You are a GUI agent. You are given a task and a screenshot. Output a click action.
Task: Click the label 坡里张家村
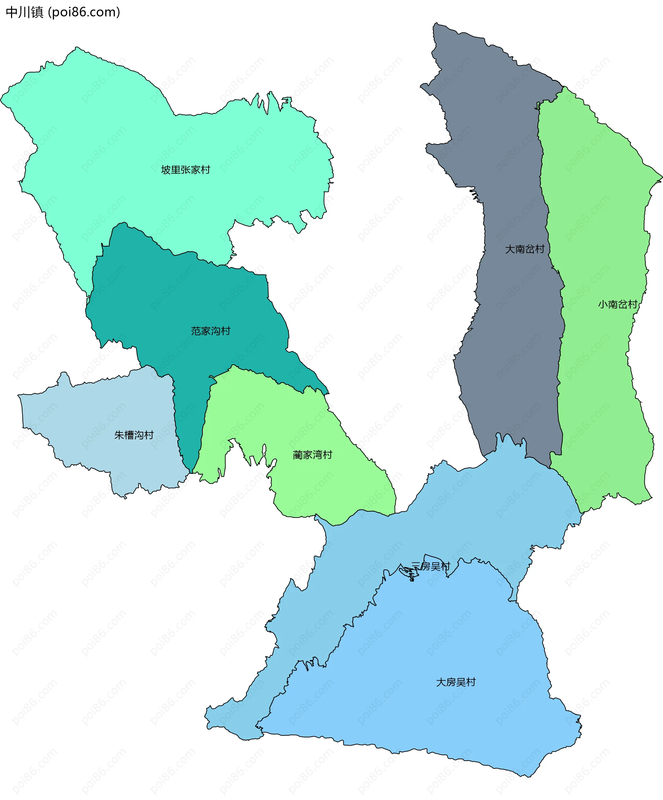[185, 170]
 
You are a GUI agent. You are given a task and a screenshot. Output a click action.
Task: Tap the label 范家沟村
[211, 331]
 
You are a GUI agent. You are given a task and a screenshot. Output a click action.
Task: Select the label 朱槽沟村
[134, 435]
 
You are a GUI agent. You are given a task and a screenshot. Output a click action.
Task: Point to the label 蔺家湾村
[313, 455]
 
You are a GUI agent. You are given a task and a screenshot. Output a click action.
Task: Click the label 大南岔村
[525, 249]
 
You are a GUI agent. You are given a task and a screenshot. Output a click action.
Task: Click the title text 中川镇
[25, 12]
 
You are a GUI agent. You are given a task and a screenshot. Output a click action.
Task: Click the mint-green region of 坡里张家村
[114, 133]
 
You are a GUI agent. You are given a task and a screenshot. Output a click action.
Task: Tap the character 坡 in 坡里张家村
[165, 170]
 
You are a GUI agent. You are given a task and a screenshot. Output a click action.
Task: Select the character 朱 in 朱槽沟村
[119, 435]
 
